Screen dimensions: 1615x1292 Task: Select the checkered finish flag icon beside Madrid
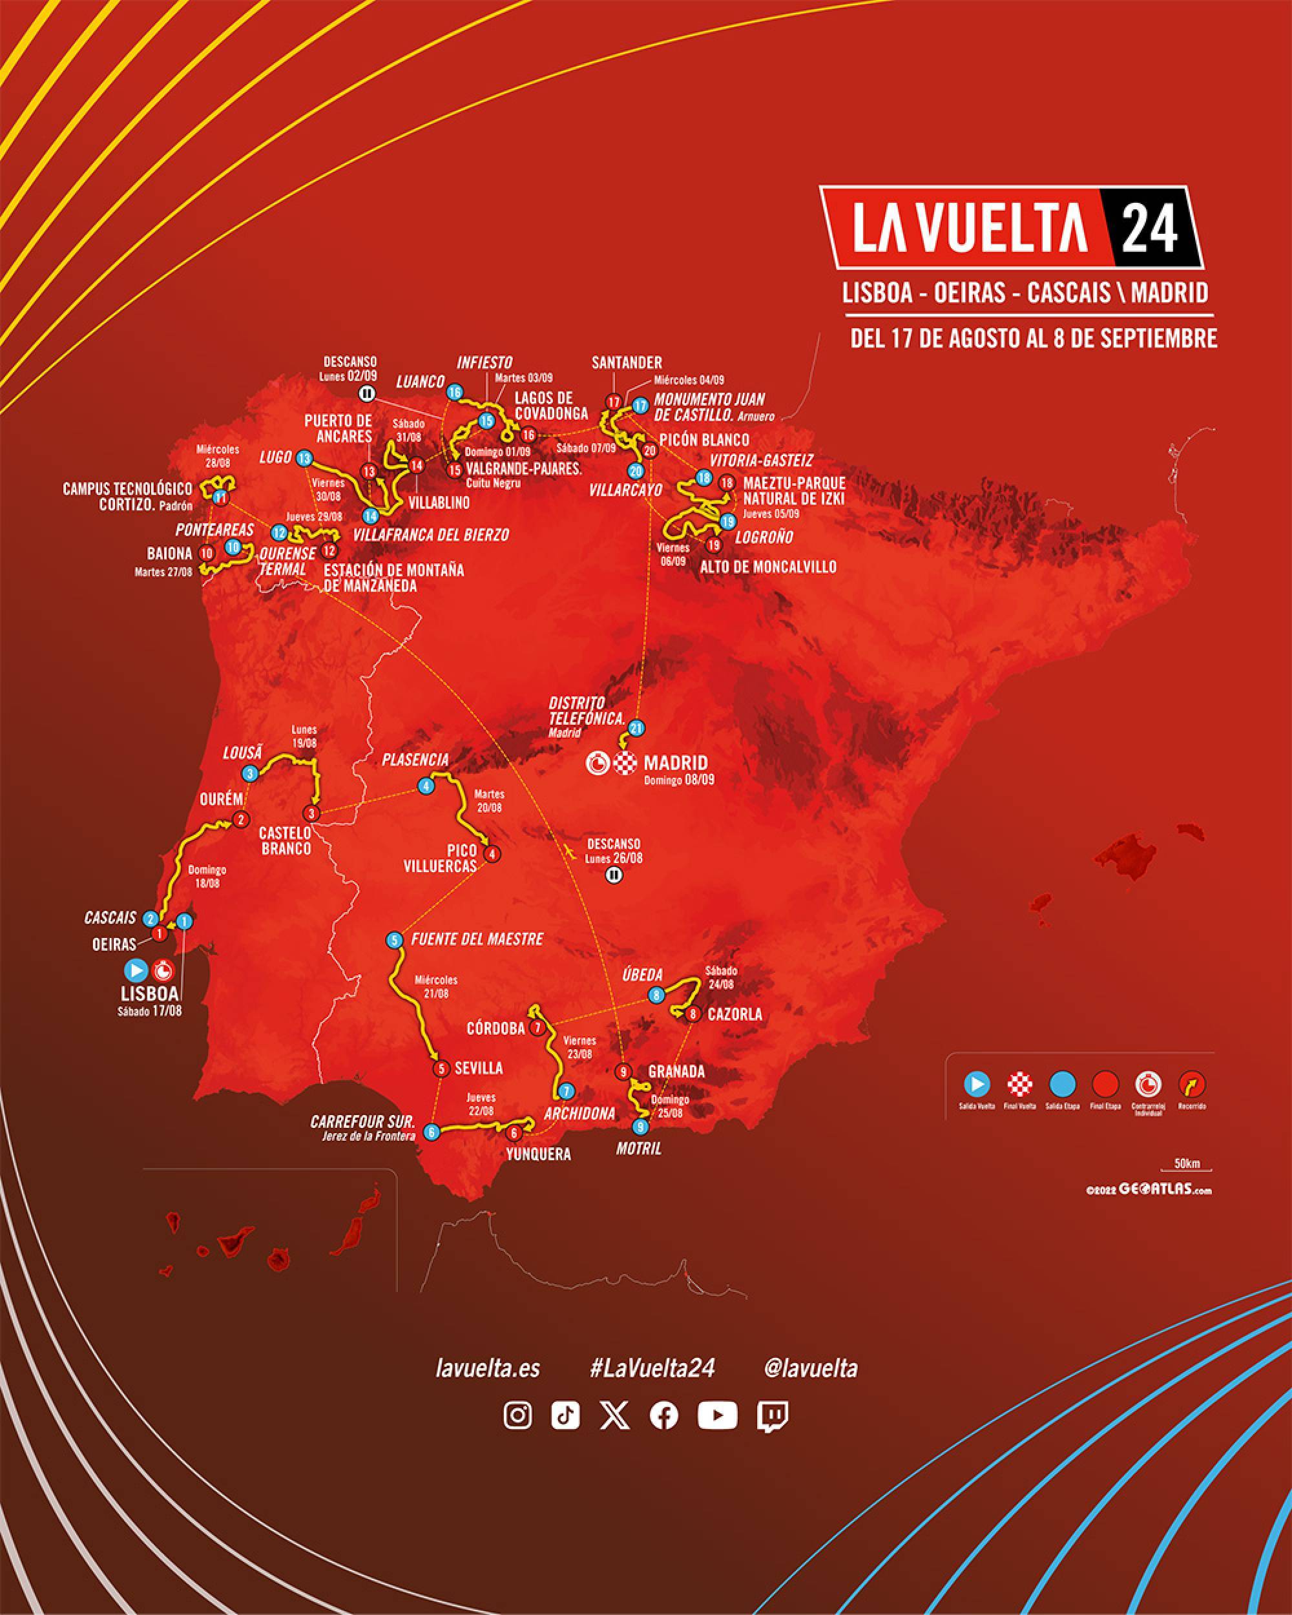point(625,764)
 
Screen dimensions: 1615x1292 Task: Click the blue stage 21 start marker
point(637,727)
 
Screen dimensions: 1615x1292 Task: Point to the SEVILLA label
point(479,1068)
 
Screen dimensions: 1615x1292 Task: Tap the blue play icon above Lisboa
point(137,971)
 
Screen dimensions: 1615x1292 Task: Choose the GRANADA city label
point(676,1072)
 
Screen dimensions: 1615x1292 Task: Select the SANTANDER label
point(626,363)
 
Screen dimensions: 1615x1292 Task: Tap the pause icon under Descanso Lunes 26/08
point(614,875)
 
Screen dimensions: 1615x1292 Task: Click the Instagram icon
point(517,1415)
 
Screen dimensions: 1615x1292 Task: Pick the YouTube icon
point(717,1415)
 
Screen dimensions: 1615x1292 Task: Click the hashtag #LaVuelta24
point(652,1368)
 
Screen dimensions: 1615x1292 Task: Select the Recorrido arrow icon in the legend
point(1192,1083)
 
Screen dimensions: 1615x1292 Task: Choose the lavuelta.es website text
point(488,1368)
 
